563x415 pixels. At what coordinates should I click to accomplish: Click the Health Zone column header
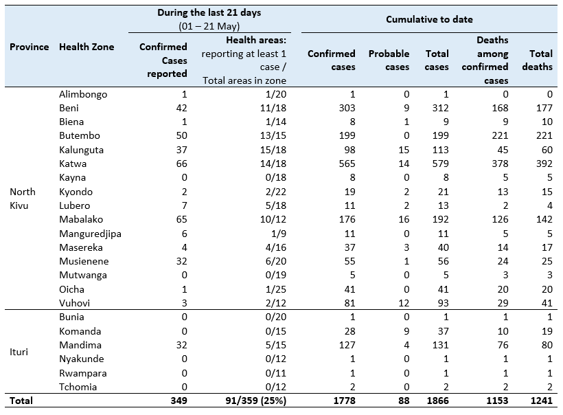click(x=87, y=47)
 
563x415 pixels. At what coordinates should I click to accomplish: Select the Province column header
click(x=29, y=47)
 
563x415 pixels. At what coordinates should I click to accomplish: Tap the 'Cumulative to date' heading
click(x=428, y=19)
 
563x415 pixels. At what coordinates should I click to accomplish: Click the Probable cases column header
click(x=389, y=60)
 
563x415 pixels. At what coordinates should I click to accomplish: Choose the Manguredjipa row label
click(x=90, y=234)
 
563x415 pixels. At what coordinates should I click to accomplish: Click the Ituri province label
click(x=19, y=352)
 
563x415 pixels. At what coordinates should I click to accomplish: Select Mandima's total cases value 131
click(x=440, y=346)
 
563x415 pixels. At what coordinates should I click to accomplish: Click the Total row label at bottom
click(x=21, y=401)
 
